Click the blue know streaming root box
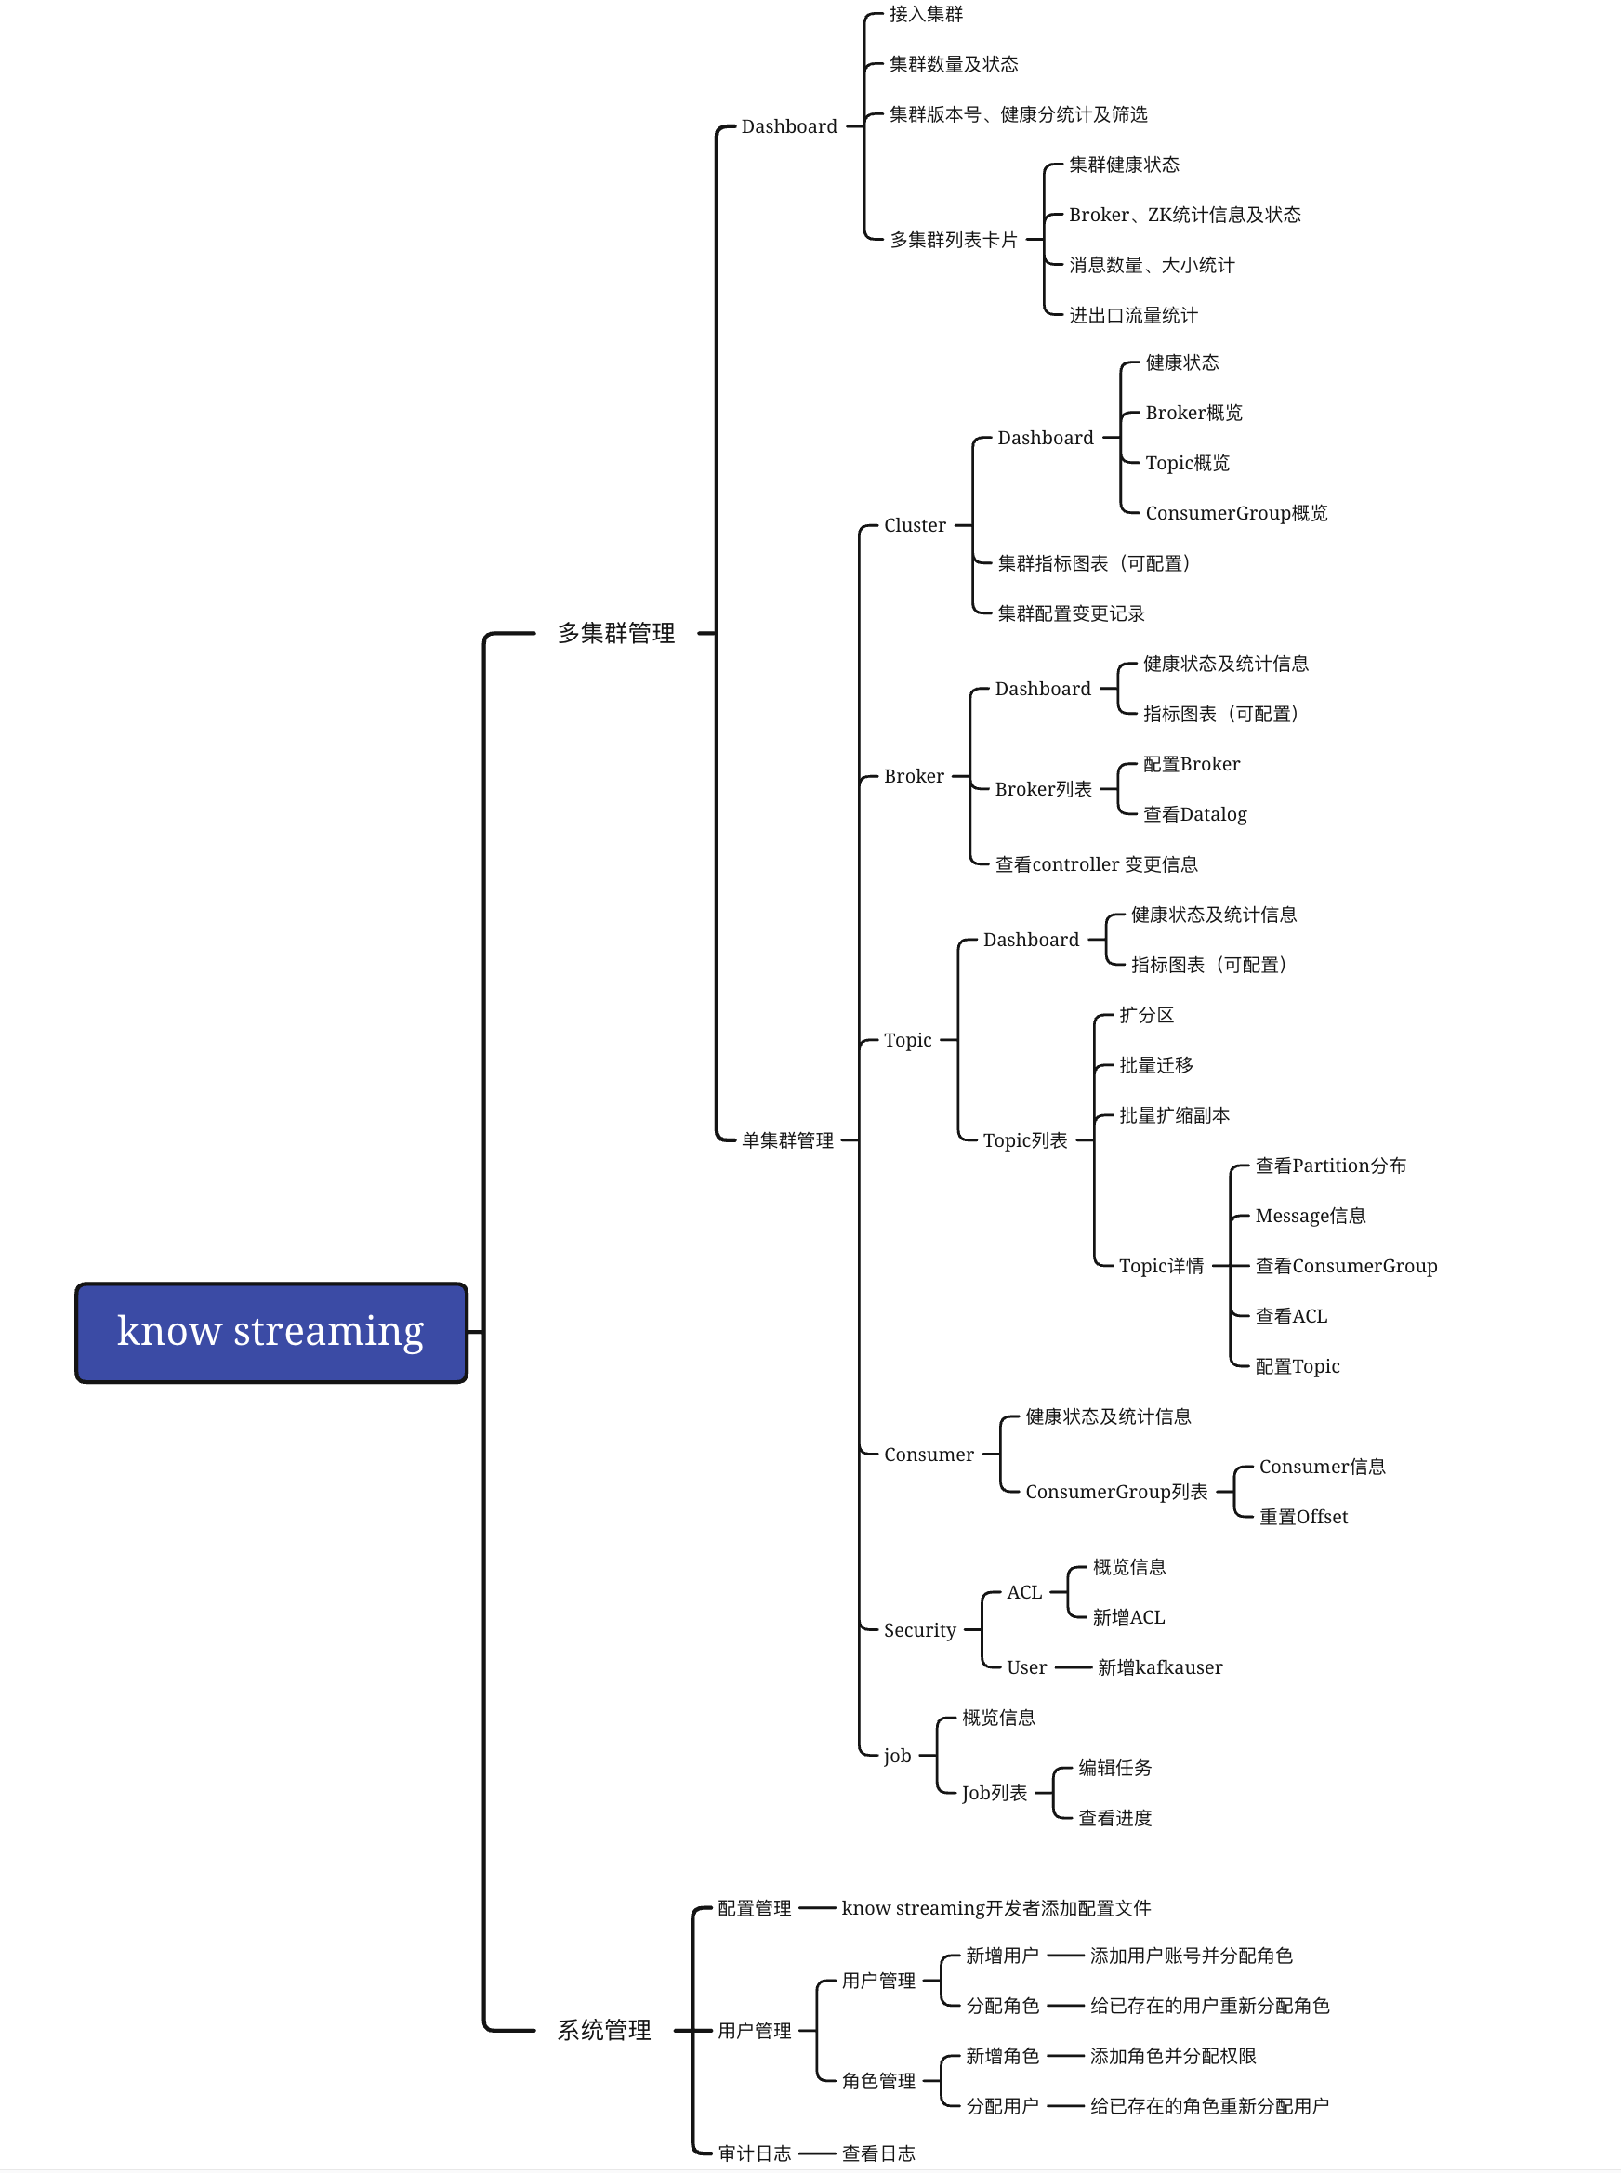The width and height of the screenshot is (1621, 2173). (x=270, y=1331)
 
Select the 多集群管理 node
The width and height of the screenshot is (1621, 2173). (x=616, y=634)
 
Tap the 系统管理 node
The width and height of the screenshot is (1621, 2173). (x=604, y=2030)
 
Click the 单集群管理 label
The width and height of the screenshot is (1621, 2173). (x=787, y=1140)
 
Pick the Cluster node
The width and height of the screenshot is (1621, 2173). (x=915, y=525)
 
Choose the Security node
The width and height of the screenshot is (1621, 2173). (x=919, y=1629)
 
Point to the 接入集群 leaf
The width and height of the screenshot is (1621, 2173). (x=926, y=14)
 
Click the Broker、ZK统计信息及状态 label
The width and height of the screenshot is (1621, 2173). (x=1184, y=215)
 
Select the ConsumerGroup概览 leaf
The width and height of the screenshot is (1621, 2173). (x=1235, y=513)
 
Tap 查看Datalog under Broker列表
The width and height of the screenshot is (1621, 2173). (x=1194, y=814)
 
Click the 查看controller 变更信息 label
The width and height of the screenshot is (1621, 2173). (x=1096, y=864)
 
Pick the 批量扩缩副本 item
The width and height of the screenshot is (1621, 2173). (x=1174, y=1115)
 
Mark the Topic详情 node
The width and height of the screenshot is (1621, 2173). (x=1161, y=1266)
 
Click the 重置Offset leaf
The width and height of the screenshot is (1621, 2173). (x=1303, y=1517)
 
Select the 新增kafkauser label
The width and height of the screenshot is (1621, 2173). (x=1160, y=1666)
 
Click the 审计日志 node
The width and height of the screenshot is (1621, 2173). (x=754, y=2153)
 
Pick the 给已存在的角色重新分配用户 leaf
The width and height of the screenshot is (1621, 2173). (x=1209, y=2105)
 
